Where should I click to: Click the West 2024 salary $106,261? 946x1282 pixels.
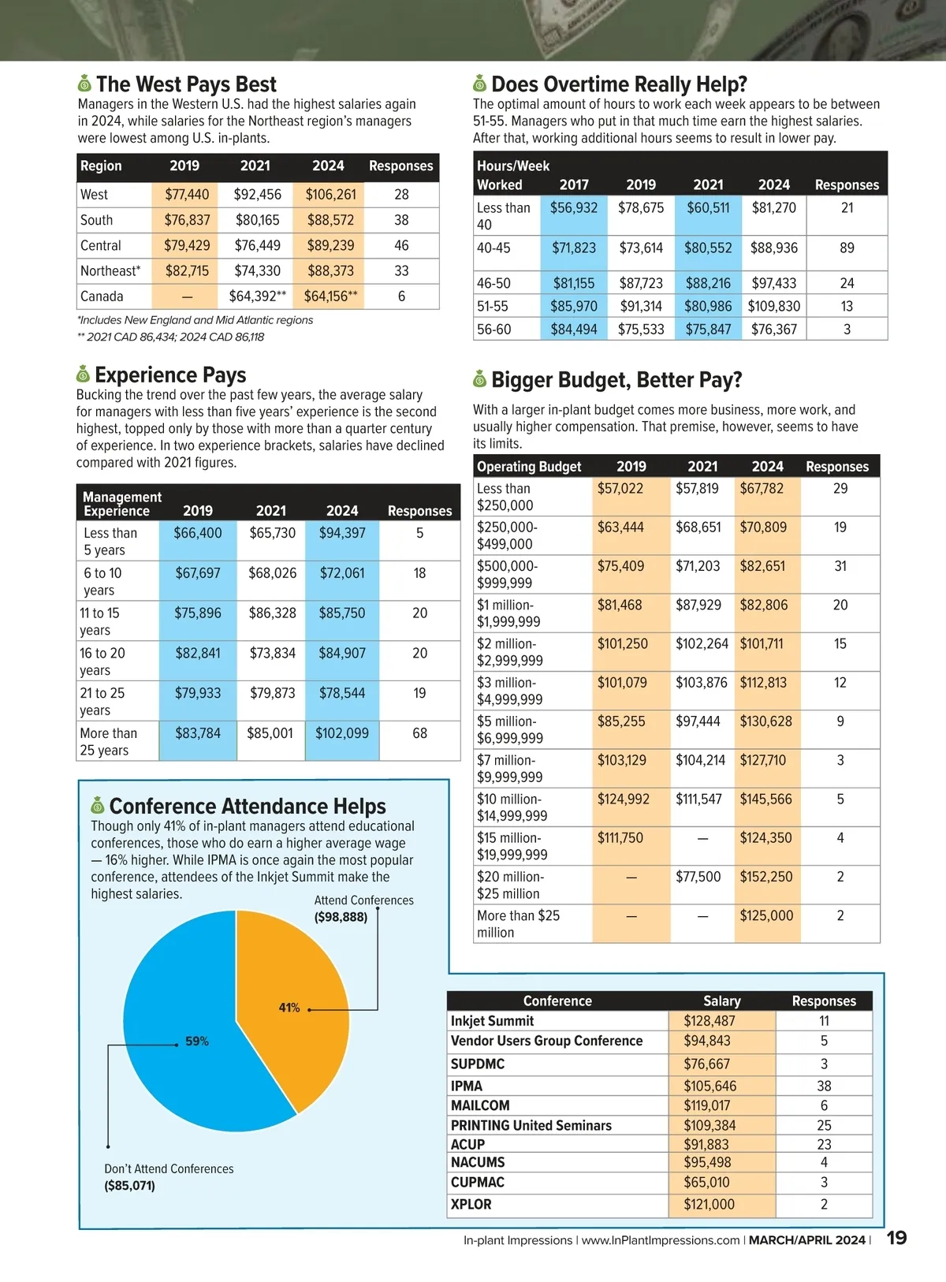(x=331, y=195)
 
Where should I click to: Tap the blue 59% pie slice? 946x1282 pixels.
(x=181, y=1057)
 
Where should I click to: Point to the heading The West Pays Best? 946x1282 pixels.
(x=186, y=84)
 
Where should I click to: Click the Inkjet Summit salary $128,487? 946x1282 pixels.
(x=709, y=1021)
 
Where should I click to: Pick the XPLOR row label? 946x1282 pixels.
(x=471, y=1205)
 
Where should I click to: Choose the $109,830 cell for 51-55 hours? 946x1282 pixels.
(x=774, y=306)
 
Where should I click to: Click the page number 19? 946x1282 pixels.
(x=897, y=1238)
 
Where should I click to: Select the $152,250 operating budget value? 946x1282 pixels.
(x=765, y=877)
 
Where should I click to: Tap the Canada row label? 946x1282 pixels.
(x=102, y=296)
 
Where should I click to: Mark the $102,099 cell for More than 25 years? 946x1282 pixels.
(x=342, y=733)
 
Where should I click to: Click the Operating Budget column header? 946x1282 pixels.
(x=529, y=467)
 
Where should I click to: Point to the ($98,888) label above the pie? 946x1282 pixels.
(x=341, y=917)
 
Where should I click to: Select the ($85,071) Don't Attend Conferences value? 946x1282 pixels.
(x=130, y=1186)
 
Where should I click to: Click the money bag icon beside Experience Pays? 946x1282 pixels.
(x=83, y=374)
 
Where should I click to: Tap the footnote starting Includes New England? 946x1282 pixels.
(x=196, y=320)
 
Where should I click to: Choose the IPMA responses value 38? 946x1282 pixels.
(x=824, y=1086)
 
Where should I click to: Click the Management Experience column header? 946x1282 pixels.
(x=121, y=504)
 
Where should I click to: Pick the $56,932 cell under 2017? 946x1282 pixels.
(x=574, y=208)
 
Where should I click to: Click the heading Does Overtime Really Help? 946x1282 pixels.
(x=619, y=84)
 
